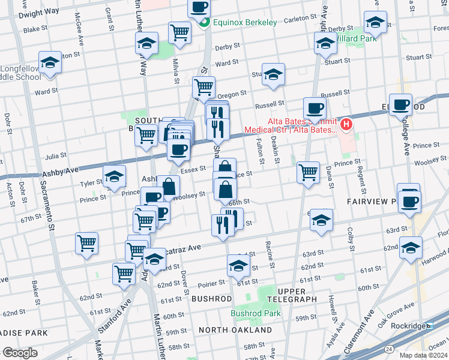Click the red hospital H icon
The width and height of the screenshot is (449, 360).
tap(346, 125)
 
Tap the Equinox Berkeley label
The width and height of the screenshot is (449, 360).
tap(243, 23)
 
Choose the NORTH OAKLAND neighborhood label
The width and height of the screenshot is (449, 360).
tap(235, 330)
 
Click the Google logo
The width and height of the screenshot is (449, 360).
tap(20, 353)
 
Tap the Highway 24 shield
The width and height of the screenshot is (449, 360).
tap(390, 349)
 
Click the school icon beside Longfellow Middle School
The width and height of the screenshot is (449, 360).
tap(50, 62)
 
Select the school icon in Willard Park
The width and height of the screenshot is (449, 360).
tap(375, 23)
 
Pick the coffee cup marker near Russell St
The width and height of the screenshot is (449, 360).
tap(315, 109)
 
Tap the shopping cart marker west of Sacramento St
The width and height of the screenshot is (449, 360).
tap(86, 243)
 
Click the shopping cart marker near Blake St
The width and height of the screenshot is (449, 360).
tap(179, 32)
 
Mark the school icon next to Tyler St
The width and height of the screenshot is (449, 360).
tap(113, 177)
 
